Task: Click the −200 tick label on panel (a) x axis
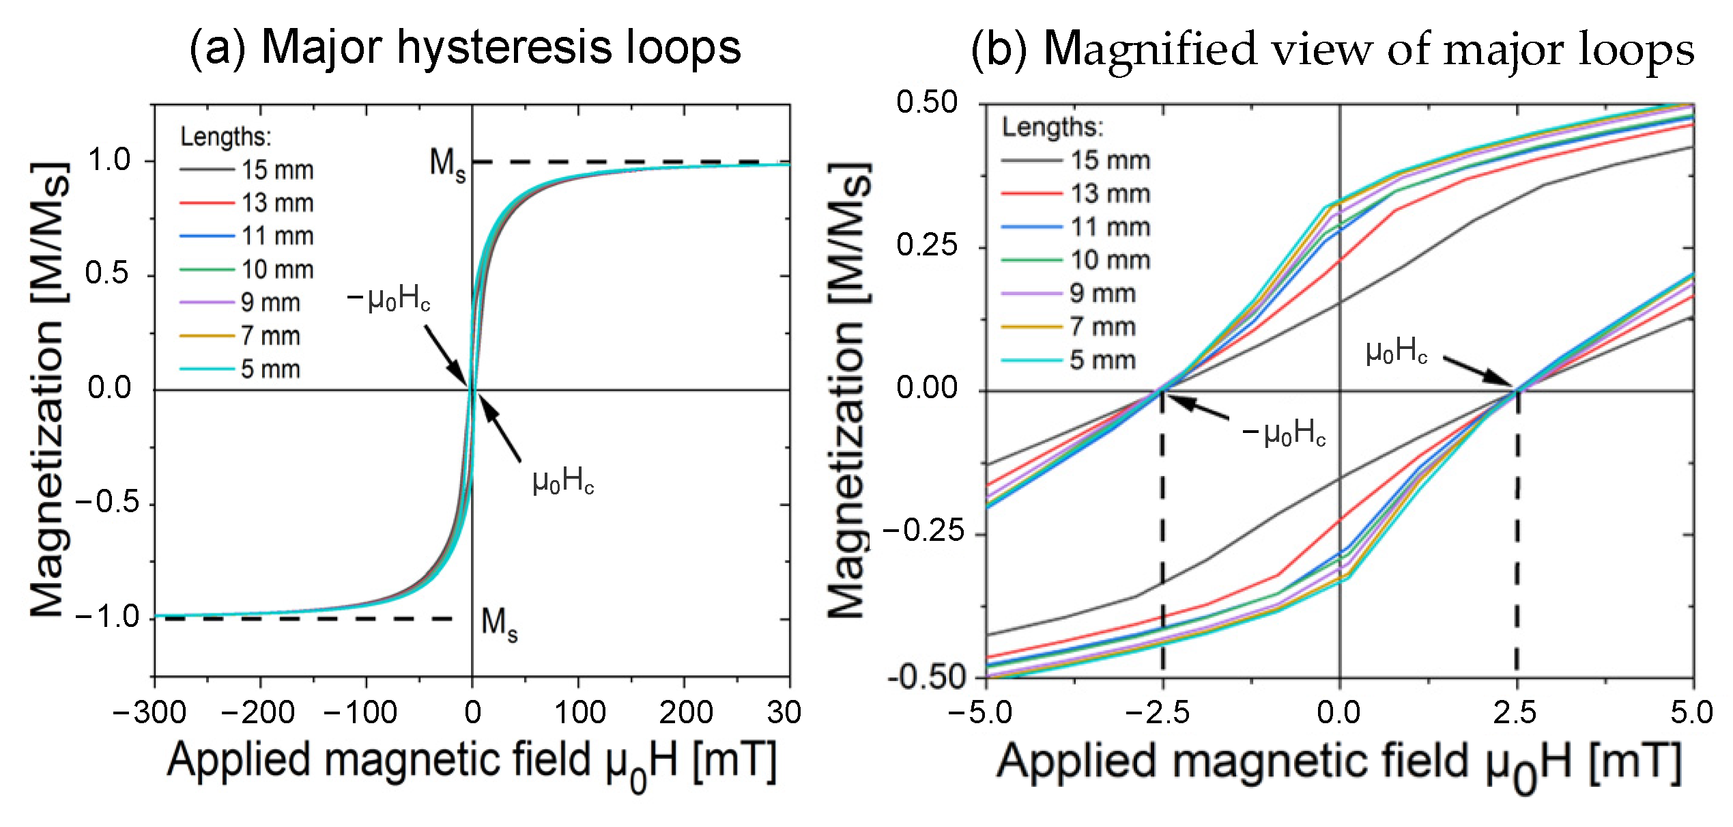(x=258, y=713)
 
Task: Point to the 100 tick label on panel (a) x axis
(x=579, y=713)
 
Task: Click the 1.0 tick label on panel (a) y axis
(x=109, y=160)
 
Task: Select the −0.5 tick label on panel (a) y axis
(x=107, y=503)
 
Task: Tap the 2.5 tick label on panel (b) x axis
(x=1514, y=713)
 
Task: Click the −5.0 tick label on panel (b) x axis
(x=980, y=713)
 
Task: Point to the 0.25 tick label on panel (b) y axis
(x=927, y=245)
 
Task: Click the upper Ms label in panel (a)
(x=447, y=165)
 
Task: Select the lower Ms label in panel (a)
(x=499, y=624)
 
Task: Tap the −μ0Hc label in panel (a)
(x=389, y=299)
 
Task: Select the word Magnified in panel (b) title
(x=1150, y=49)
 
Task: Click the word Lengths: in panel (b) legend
(x=1052, y=128)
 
